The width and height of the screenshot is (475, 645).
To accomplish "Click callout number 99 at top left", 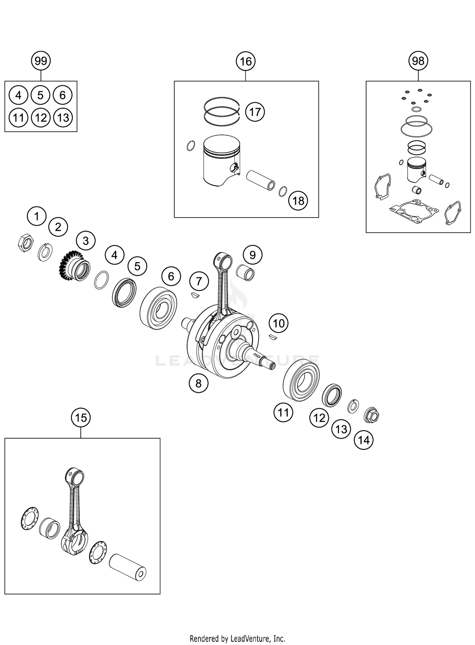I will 41,61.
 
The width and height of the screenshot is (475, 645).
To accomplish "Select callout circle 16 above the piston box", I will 246,61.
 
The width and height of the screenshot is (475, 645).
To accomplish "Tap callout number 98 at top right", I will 418,61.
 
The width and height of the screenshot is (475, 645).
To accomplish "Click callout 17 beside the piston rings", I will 255,112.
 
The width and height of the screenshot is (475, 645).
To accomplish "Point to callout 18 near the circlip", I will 298,200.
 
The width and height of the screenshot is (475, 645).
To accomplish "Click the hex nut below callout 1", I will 25,243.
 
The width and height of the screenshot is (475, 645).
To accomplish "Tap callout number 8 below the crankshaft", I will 198,383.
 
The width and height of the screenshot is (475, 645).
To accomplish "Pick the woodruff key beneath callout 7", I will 195,295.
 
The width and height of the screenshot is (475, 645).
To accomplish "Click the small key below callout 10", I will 274,337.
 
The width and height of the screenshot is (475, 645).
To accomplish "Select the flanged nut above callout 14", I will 372,415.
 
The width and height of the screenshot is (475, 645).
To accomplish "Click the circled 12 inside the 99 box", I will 41,118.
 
